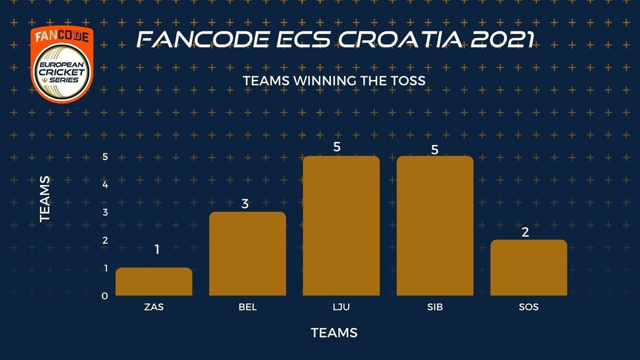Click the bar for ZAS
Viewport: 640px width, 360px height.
[154, 282]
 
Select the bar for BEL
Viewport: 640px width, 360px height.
[247, 254]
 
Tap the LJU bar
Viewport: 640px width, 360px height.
[341, 226]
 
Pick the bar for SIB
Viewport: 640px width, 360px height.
[435, 226]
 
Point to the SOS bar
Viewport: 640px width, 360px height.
[529, 267]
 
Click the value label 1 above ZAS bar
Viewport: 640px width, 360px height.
[157, 249]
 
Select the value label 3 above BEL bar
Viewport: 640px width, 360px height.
[245, 204]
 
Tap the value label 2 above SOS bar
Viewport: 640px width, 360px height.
[525, 232]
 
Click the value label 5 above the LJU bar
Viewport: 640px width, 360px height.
[337, 147]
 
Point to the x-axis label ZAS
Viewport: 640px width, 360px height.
[154, 307]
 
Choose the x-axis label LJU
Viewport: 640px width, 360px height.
[341, 307]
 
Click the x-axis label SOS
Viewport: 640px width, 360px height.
[529, 307]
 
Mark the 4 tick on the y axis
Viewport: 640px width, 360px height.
[105, 184]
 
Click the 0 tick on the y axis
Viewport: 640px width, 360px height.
[105, 296]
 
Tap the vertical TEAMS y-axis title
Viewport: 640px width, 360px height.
[45, 199]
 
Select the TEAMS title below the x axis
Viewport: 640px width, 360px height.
[334, 333]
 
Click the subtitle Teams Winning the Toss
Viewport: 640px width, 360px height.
[334, 81]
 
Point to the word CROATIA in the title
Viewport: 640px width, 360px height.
[400, 39]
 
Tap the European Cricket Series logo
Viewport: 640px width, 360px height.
[62, 64]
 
